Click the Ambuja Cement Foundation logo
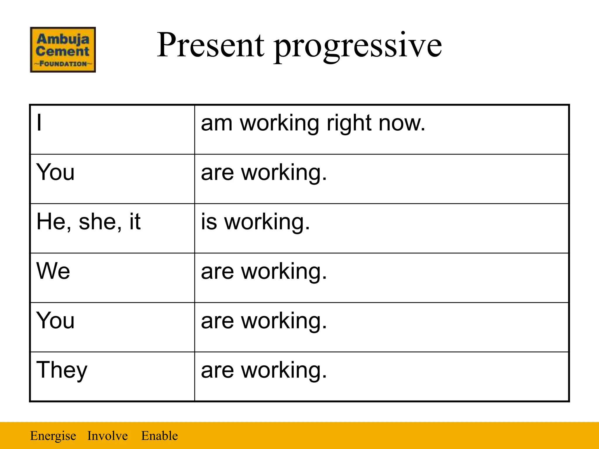tap(63, 50)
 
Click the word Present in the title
tap(210, 45)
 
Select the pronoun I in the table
tap(39, 123)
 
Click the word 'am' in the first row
tap(217, 123)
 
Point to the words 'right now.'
tap(376, 123)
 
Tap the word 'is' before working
tap(209, 222)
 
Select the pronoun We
tap(53, 271)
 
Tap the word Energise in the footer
tap(53, 436)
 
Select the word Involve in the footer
tap(107, 436)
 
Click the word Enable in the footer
tap(159, 436)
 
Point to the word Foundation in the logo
tap(63, 64)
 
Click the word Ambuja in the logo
tap(63, 39)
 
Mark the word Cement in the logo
tap(62, 51)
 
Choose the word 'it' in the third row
tap(135, 222)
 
